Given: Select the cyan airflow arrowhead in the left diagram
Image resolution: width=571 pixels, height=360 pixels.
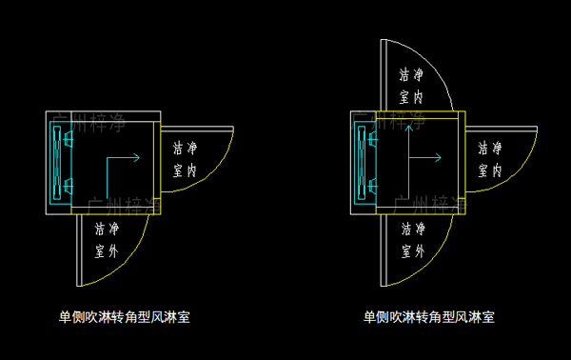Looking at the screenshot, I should (x=136, y=157).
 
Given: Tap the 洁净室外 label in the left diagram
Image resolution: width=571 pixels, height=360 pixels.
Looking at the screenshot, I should (x=107, y=240).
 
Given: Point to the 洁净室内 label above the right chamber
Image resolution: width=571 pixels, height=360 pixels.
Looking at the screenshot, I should (x=411, y=84).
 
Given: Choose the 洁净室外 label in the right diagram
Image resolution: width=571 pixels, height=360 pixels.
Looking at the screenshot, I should (x=411, y=240).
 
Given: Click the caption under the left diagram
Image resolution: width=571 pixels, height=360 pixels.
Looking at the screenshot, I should (x=124, y=317).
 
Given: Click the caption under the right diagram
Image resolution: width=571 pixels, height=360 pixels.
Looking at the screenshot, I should (x=428, y=317).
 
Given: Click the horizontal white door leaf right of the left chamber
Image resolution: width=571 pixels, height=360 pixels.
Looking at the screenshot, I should (x=197, y=127).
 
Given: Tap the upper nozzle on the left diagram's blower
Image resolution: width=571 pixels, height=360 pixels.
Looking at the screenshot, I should (x=69, y=140).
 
